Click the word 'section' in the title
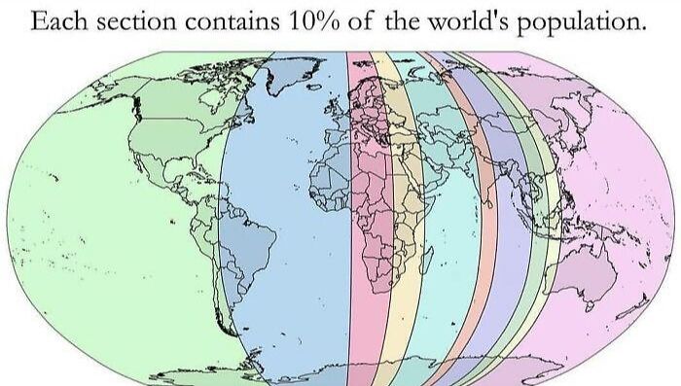126,21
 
